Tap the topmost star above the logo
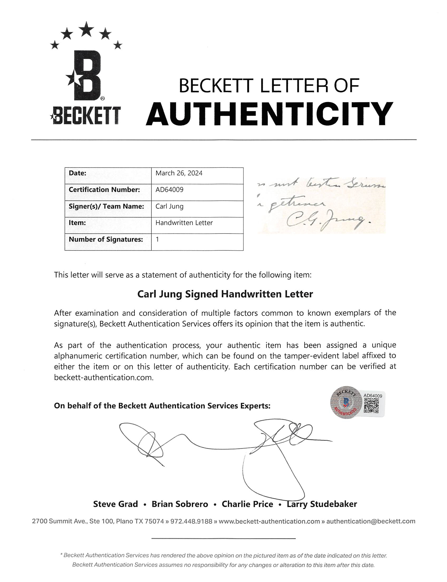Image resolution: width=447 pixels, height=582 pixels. [x=86, y=29]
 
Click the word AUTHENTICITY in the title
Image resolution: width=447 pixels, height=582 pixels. [x=269, y=114]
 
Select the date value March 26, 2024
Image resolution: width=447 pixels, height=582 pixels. [x=179, y=173]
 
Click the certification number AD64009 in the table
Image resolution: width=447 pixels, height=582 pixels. [x=170, y=190]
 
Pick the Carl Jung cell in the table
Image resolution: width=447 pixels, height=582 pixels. [x=170, y=207]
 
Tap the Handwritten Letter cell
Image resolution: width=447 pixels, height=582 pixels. [x=184, y=223]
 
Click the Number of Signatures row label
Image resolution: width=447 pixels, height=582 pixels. [x=106, y=240]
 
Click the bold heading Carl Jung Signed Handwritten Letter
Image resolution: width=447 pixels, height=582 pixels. [x=225, y=294]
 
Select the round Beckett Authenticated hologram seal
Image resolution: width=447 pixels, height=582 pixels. [x=346, y=402]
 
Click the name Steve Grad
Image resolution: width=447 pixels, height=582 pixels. [x=116, y=504]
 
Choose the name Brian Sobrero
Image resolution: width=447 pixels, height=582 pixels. [x=180, y=504]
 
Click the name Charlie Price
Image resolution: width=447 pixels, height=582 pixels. [x=247, y=504]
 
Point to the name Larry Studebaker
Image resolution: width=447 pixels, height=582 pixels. [x=322, y=504]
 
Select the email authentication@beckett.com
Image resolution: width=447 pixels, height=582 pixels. [x=371, y=521]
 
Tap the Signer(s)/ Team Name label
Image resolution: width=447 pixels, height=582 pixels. [x=107, y=207]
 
